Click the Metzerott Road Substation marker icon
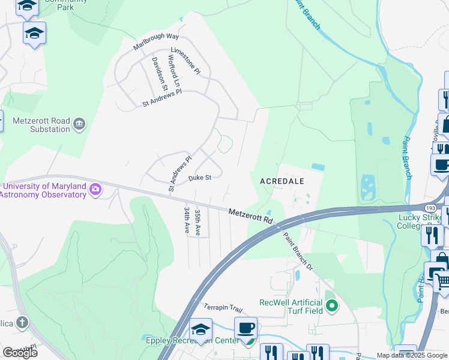[x=79, y=125]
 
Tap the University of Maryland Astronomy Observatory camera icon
[x=95, y=190]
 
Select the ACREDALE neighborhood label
[x=282, y=181]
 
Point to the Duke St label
[x=200, y=178]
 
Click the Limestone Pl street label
[x=185, y=61]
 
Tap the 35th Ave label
[x=197, y=221]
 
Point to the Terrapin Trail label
[x=222, y=308]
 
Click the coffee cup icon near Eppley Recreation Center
[x=246, y=329]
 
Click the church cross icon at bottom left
[x=22, y=323]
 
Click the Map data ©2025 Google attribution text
[x=411, y=355]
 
